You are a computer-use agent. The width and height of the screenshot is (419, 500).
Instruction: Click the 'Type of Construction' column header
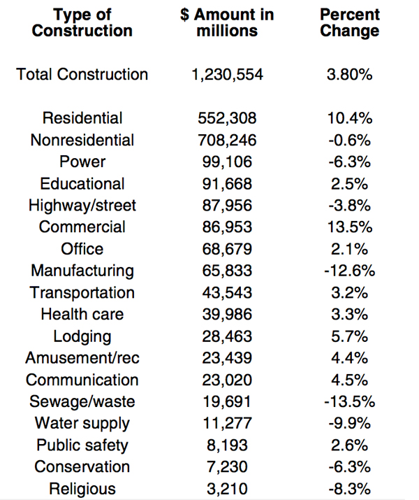click(x=82, y=22)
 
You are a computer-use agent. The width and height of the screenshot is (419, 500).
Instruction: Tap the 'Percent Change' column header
click(x=349, y=22)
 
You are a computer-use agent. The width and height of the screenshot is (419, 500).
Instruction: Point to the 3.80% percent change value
click(x=349, y=75)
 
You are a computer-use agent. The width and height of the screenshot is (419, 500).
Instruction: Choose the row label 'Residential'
click(x=82, y=118)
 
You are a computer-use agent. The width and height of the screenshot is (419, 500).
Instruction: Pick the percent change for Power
click(x=349, y=162)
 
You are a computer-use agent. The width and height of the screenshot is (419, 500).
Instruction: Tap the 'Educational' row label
click(x=82, y=183)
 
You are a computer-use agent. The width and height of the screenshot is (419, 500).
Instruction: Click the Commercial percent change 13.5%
click(x=349, y=227)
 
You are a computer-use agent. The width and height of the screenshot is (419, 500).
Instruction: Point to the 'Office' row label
click(x=82, y=249)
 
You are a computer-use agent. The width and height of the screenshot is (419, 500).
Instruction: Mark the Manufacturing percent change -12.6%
click(x=349, y=271)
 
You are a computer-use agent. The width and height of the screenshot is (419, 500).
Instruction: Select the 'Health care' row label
click(x=82, y=314)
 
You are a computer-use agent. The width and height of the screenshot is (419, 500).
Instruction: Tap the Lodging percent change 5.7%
click(x=349, y=336)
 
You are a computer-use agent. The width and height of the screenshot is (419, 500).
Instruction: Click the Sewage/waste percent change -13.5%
click(x=349, y=401)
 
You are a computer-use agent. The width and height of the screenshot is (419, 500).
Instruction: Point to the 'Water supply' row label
click(x=82, y=423)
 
